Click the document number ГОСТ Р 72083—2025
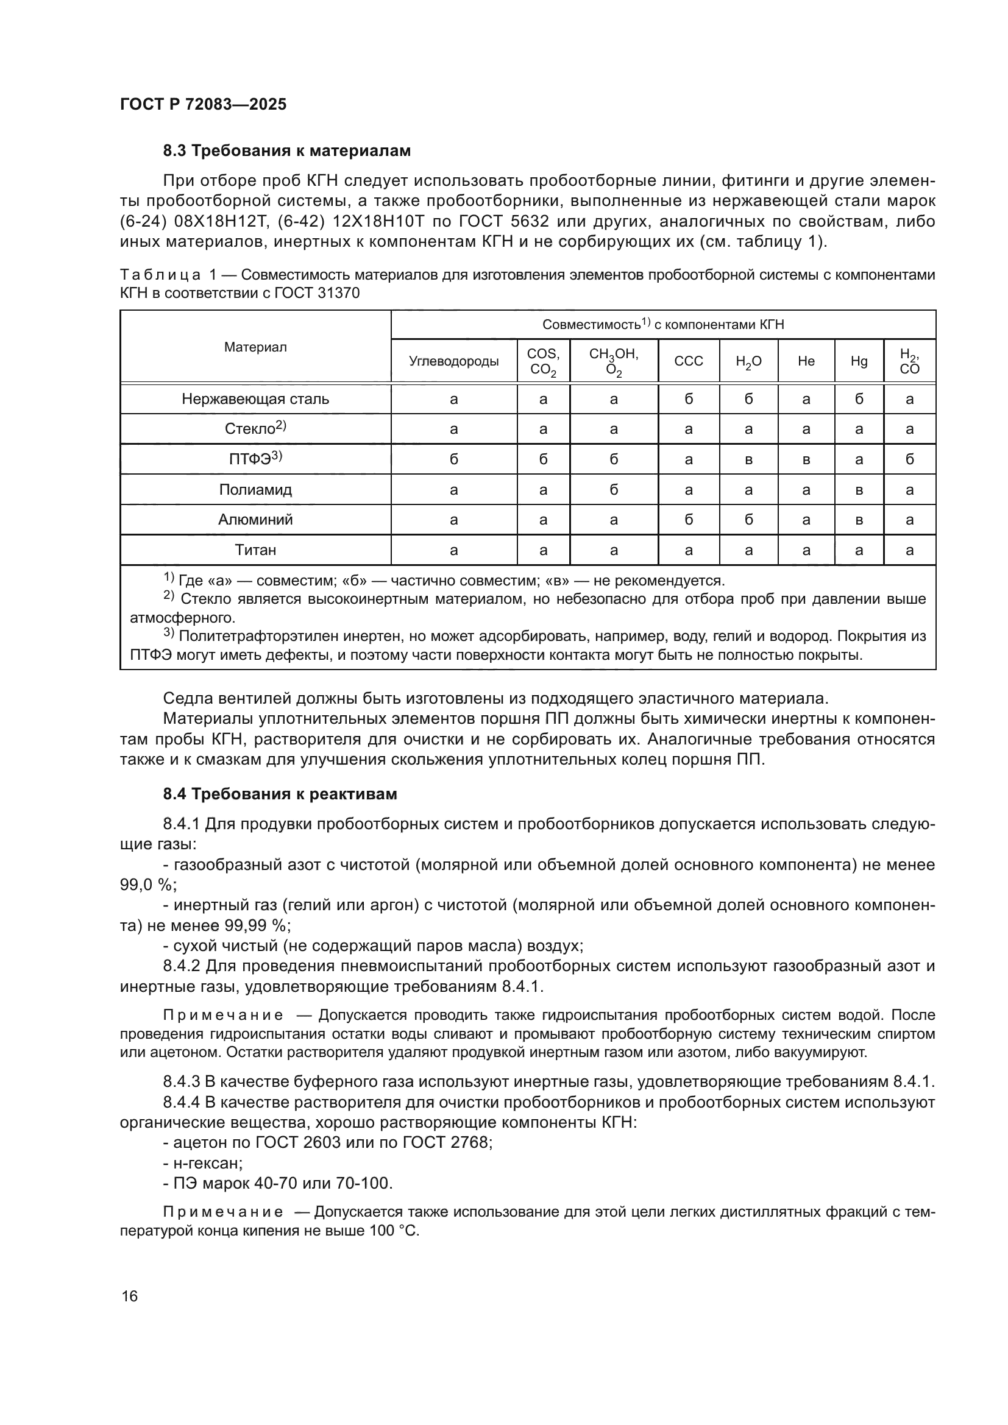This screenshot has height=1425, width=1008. (x=203, y=104)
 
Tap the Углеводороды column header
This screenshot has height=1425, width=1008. (x=454, y=361)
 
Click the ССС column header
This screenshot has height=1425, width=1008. (x=688, y=361)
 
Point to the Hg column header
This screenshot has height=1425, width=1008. (x=859, y=361)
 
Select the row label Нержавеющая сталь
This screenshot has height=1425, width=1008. (x=255, y=399)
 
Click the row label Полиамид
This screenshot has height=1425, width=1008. (x=255, y=490)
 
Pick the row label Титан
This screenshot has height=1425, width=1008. (x=255, y=550)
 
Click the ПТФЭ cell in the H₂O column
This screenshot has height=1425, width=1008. (x=748, y=460)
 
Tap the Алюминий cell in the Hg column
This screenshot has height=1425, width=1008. (x=859, y=520)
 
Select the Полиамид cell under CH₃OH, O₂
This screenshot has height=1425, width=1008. (x=613, y=490)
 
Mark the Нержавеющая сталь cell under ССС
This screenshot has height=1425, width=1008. (x=688, y=399)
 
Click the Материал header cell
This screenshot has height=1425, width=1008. (x=255, y=347)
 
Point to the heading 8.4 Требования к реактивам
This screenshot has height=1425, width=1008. (x=279, y=794)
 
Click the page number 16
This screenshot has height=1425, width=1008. (x=130, y=1296)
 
